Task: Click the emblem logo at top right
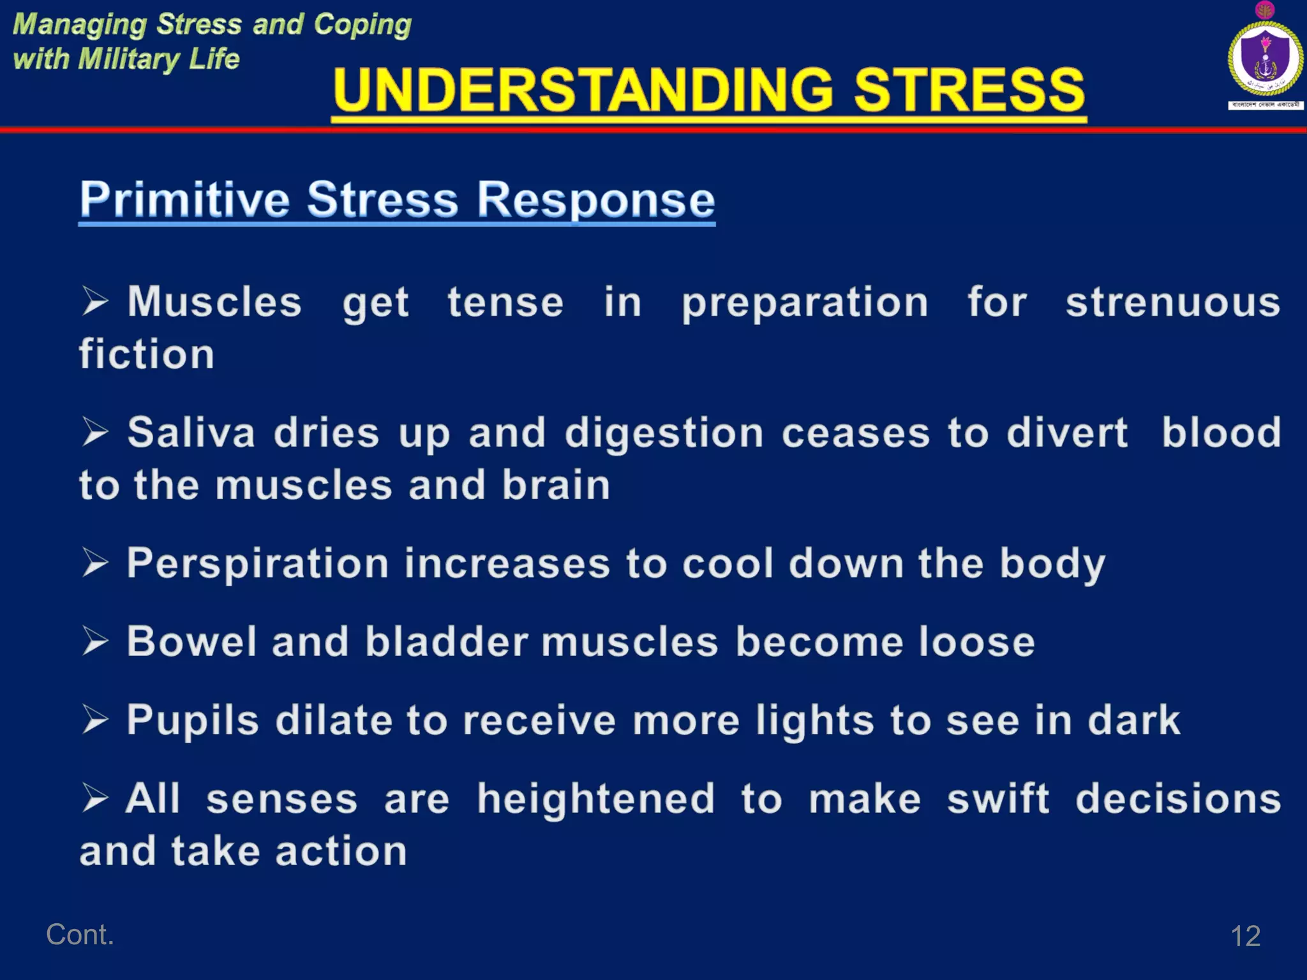[1265, 59]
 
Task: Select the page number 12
[1245, 936]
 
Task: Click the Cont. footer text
[80, 935]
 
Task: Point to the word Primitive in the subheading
[185, 199]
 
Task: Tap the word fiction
[147, 354]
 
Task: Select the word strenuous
[1173, 302]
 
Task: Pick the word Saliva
[191, 433]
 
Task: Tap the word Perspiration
[258, 564]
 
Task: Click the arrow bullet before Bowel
[95, 641]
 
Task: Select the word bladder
[447, 641]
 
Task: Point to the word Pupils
[193, 720]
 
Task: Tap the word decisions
[1178, 799]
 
